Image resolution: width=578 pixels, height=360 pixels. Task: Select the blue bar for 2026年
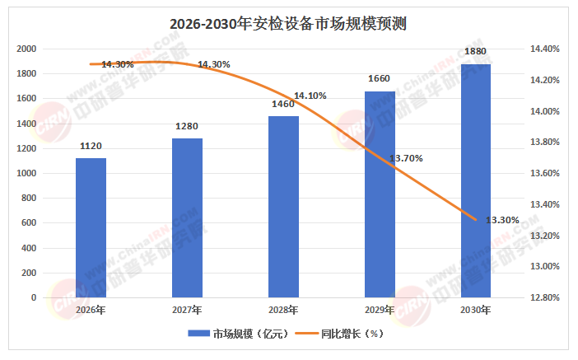click(91, 227)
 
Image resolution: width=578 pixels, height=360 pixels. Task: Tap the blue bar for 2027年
click(187, 217)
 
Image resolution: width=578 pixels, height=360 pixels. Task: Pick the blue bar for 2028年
click(283, 206)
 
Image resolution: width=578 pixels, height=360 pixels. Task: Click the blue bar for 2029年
click(380, 194)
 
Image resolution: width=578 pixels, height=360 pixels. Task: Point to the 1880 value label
click(476, 52)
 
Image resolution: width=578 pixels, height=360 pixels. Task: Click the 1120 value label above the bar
click(91, 146)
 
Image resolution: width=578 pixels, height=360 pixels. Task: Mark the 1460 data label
click(283, 105)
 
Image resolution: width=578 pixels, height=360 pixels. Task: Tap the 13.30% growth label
click(502, 220)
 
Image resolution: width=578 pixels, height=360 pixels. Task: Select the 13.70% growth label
click(405, 158)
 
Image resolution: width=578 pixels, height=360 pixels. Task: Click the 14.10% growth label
click(310, 96)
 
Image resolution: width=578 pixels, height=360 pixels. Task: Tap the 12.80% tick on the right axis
click(544, 297)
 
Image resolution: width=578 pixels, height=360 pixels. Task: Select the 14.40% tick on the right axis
click(544, 49)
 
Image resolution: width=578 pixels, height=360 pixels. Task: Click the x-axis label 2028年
click(283, 311)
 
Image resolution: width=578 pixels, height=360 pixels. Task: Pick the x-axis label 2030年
click(476, 311)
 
